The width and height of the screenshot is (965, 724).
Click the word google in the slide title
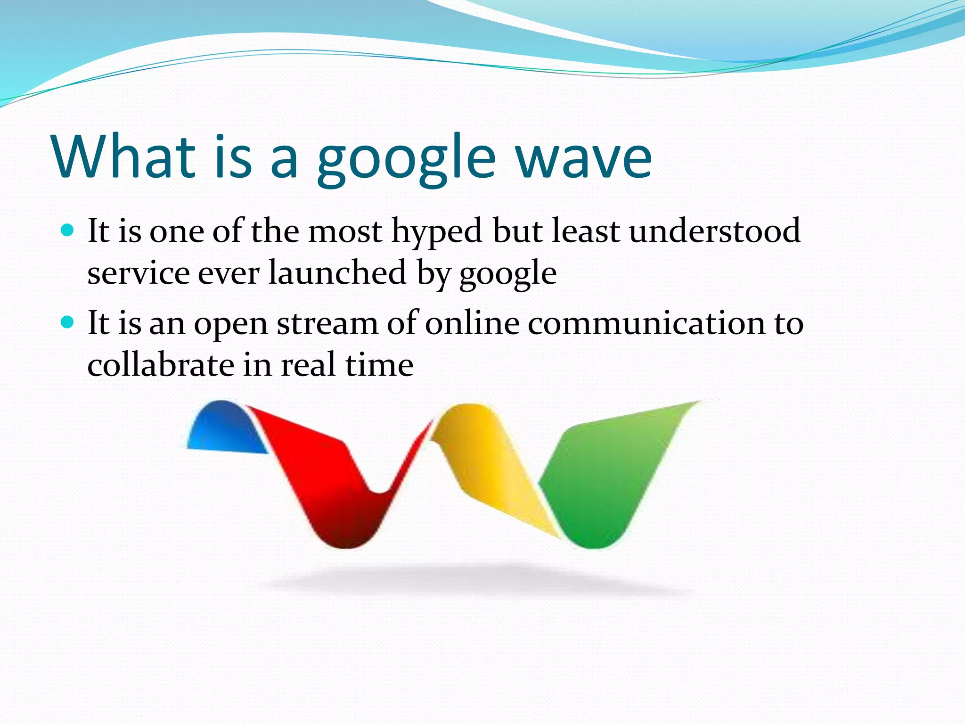click(x=406, y=160)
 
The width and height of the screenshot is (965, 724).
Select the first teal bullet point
click(x=68, y=230)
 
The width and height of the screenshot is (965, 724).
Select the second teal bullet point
click(x=68, y=323)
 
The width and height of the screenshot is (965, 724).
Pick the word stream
click(x=327, y=324)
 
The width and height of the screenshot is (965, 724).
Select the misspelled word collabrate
click(x=161, y=365)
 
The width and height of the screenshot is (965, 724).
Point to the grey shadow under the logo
click(x=476, y=580)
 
